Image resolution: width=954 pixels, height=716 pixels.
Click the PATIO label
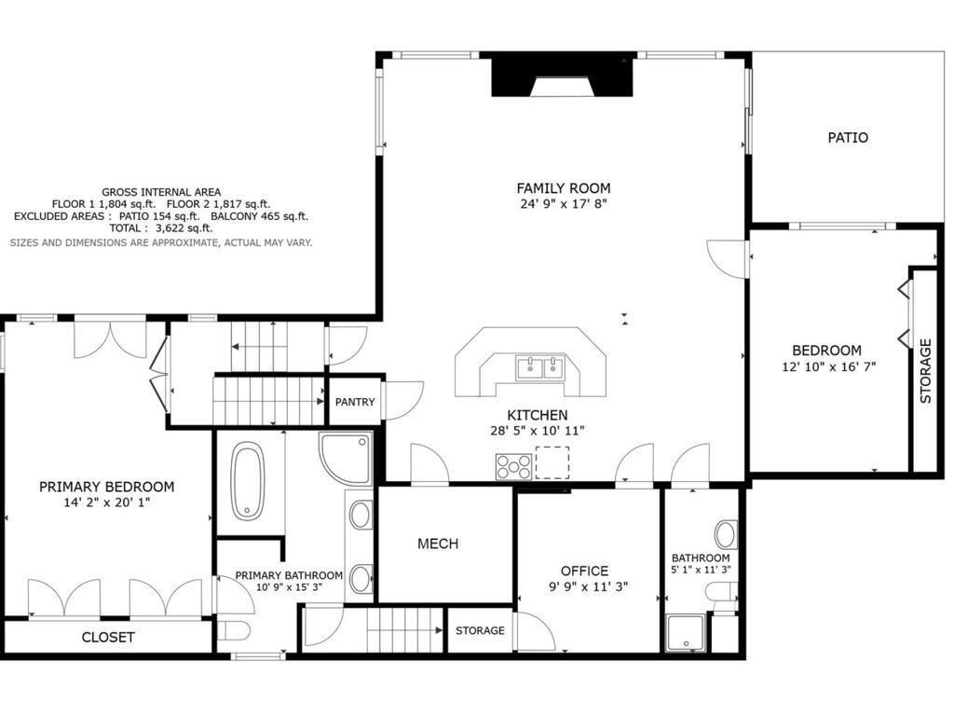(x=848, y=138)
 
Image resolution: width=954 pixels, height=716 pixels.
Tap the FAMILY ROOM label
(x=564, y=188)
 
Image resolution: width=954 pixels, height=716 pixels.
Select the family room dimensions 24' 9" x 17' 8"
(x=564, y=204)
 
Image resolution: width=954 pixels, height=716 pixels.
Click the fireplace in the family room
(x=562, y=76)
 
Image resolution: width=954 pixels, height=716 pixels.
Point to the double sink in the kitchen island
(x=539, y=368)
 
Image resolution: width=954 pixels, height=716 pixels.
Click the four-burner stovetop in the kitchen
(x=513, y=467)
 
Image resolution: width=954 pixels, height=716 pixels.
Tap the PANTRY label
(x=355, y=402)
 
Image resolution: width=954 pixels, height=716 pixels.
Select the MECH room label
(x=438, y=544)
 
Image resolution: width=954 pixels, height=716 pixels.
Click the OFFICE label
(x=585, y=571)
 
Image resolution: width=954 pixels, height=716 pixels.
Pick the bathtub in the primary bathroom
(x=248, y=481)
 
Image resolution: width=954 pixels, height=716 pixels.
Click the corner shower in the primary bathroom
(x=346, y=458)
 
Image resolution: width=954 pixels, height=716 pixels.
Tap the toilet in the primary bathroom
(x=234, y=631)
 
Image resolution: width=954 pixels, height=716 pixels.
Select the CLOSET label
(x=108, y=638)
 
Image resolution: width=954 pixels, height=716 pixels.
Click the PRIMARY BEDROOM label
(x=106, y=487)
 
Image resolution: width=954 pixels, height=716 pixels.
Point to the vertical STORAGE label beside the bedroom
(x=925, y=371)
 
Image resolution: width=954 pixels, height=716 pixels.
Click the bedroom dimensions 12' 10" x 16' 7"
(x=828, y=367)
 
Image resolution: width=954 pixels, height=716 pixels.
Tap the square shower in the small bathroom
(x=686, y=634)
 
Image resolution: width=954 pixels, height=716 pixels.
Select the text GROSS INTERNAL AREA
(x=161, y=192)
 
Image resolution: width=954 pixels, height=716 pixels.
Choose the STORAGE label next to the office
(x=480, y=630)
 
